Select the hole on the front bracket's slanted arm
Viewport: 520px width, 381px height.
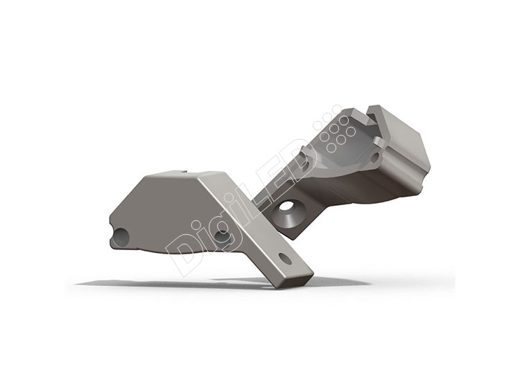(285, 258)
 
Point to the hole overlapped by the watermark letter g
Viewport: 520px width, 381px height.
(222, 236)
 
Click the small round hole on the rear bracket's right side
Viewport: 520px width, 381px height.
(374, 157)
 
